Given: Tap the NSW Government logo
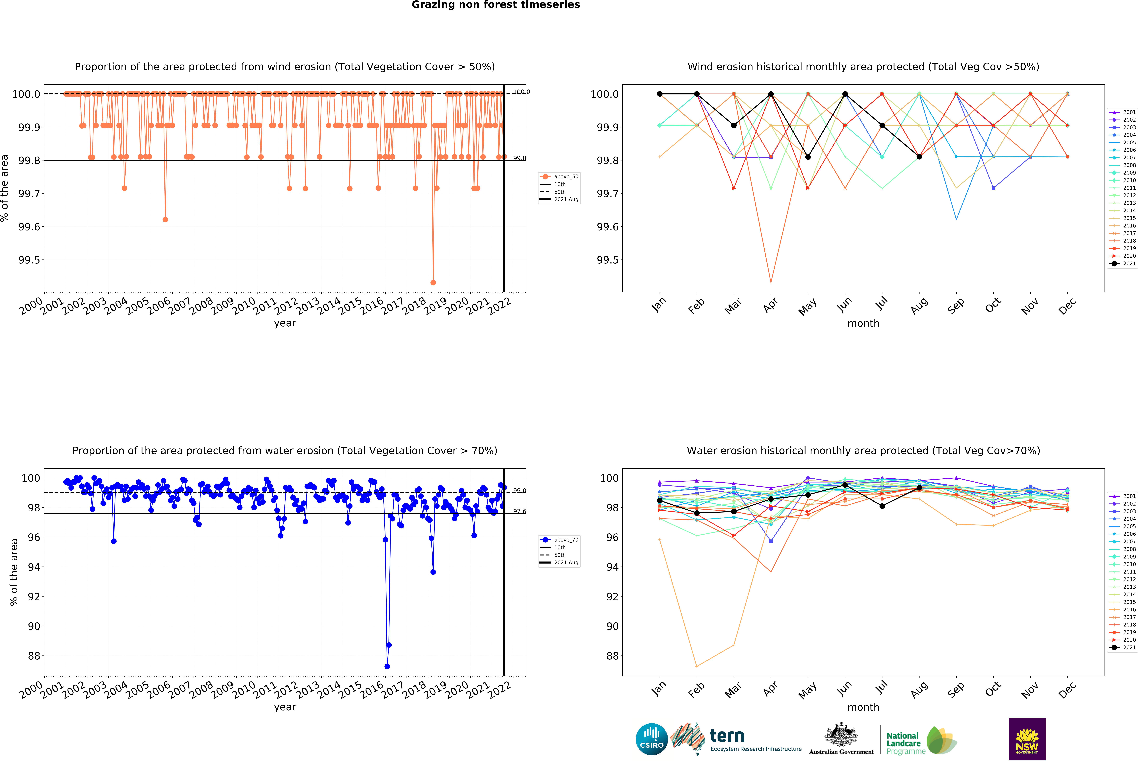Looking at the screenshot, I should pyautogui.click(x=1027, y=739).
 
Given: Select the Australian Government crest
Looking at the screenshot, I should pyautogui.click(x=841, y=734).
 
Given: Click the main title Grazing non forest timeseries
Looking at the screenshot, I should pyautogui.click(x=496, y=5).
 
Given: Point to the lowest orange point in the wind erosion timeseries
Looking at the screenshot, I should pyautogui.click(x=433, y=282).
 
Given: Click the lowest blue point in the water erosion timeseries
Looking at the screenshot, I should pyautogui.click(x=387, y=666).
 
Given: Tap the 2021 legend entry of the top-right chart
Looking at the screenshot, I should pyautogui.click(x=1124, y=263).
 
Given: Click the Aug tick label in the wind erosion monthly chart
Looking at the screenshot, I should pyautogui.click(x=919, y=305).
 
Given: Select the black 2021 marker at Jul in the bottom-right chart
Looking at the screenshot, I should pyautogui.click(x=882, y=506).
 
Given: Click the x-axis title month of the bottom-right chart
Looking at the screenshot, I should pyautogui.click(x=863, y=707).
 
